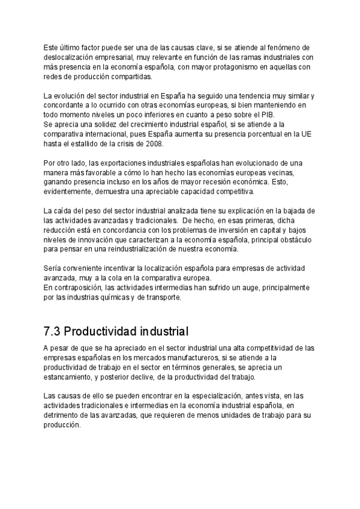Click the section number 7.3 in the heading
pos(52,331)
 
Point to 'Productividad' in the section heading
pos(99,331)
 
